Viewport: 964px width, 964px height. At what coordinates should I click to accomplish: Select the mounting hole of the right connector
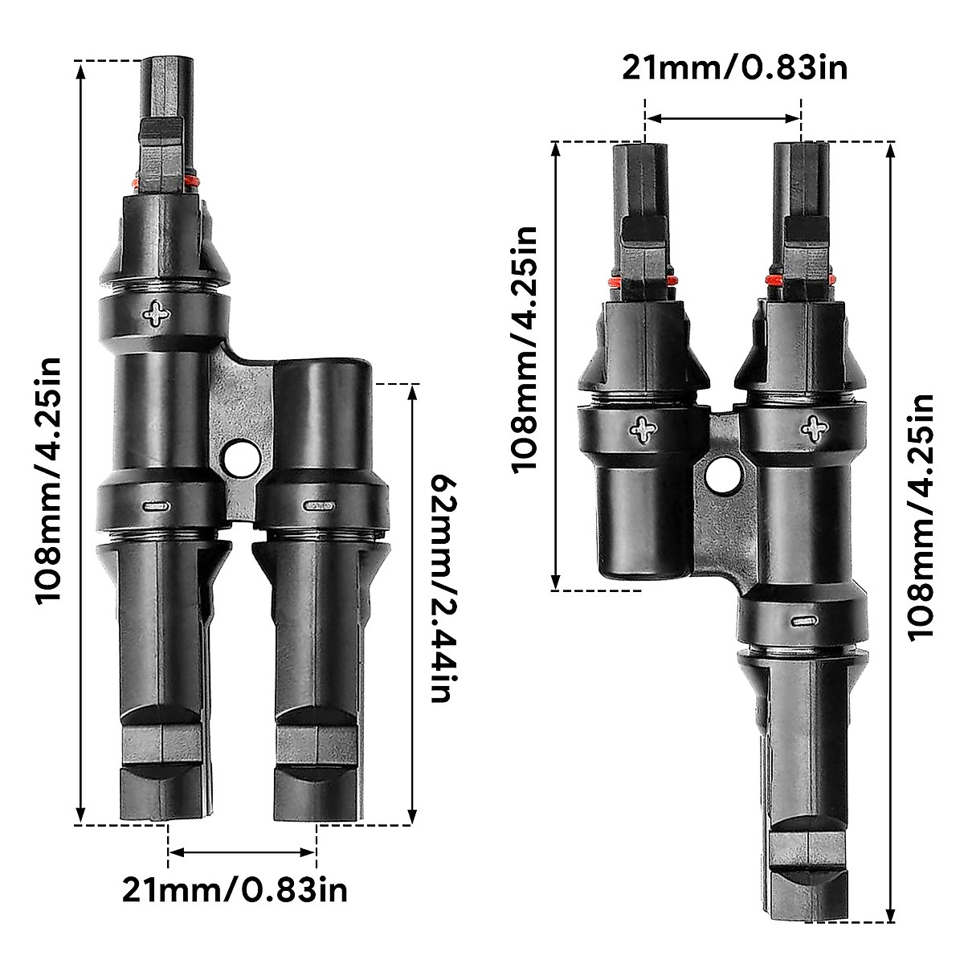(x=721, y=476)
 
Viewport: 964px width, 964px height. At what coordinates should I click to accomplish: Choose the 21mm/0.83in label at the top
(x=734, y=67)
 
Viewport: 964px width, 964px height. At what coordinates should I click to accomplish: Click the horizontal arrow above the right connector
(x=723, y=118)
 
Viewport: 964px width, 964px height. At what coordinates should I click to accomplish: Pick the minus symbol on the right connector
(x=803, y=621)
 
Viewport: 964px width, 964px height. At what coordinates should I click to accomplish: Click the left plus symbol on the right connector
(x=643, y=430)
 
